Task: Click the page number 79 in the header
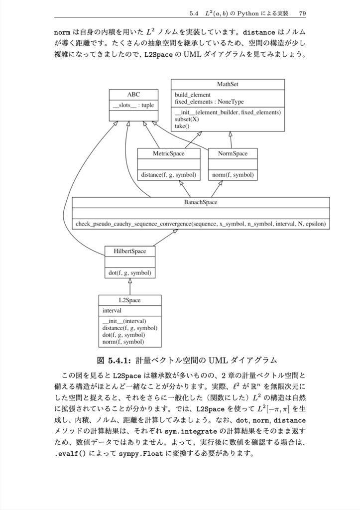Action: [x=302, y=12]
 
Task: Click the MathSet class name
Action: [x=228, y=84]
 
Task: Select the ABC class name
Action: [x=133, y=94]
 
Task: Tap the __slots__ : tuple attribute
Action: [x=133, y=106]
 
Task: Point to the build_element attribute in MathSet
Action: [x=193, y=95]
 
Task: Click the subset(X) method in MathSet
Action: [x=187, y=120]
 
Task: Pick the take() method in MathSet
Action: [x=182, y=126]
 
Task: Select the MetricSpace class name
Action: [x=168, y=153]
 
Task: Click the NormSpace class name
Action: [x=233, y=153]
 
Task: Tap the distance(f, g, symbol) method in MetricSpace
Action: [x=168, y=175]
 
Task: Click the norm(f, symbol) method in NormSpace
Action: [x=233, y=175]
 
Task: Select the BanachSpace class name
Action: [x=201, y=202]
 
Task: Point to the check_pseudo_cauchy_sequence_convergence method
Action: [x=201, y=224]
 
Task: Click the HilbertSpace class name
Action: [x=129, y=251]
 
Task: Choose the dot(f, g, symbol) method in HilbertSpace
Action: [x=129, y=272]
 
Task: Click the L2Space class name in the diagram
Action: [x=129, y=300]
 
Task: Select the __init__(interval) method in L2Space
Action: [x=124, y=321]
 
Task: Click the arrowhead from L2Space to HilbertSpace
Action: [x=130, y=281]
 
